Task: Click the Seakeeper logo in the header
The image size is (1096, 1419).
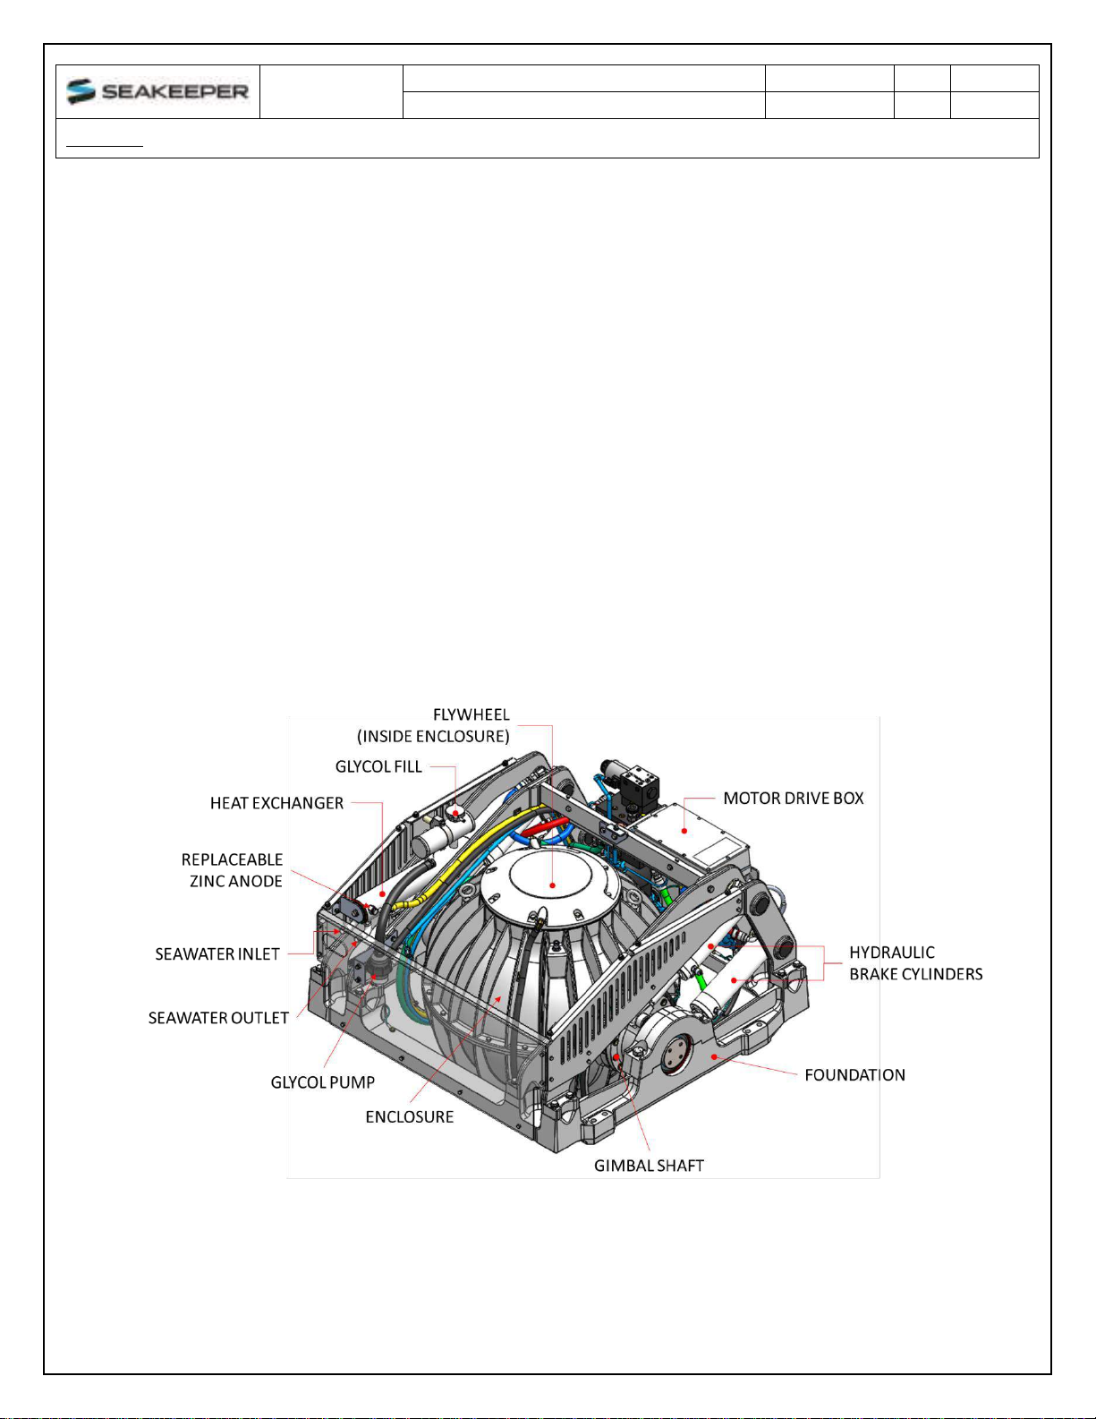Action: point(157,91)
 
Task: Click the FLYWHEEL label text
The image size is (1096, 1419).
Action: point(471,714)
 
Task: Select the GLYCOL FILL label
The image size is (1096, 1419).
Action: point(378,766)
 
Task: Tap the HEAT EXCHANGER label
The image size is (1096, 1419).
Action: point(276,802)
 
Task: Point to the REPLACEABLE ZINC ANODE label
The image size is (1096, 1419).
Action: point(233,870)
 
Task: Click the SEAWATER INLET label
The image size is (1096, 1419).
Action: point(217,954)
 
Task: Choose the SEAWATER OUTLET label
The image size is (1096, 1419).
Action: point(218,1017)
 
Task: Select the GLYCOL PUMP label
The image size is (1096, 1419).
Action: point(323,1082)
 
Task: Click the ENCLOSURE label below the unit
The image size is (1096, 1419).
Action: point(410,1116)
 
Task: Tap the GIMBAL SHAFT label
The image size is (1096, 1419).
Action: point(650,1166)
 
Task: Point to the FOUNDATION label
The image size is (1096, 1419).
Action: point(854,1075)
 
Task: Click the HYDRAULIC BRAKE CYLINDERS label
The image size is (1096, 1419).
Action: point(916,962)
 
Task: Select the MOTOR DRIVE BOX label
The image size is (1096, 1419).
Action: point(794,798)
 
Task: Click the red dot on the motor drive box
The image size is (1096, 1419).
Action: point(684,831)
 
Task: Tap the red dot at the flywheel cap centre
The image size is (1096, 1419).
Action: point(553,885)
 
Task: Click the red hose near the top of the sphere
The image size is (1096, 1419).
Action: point(546,826)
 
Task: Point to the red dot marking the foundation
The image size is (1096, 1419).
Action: point(714,1056)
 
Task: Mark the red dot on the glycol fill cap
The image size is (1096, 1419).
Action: point(455,813)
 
